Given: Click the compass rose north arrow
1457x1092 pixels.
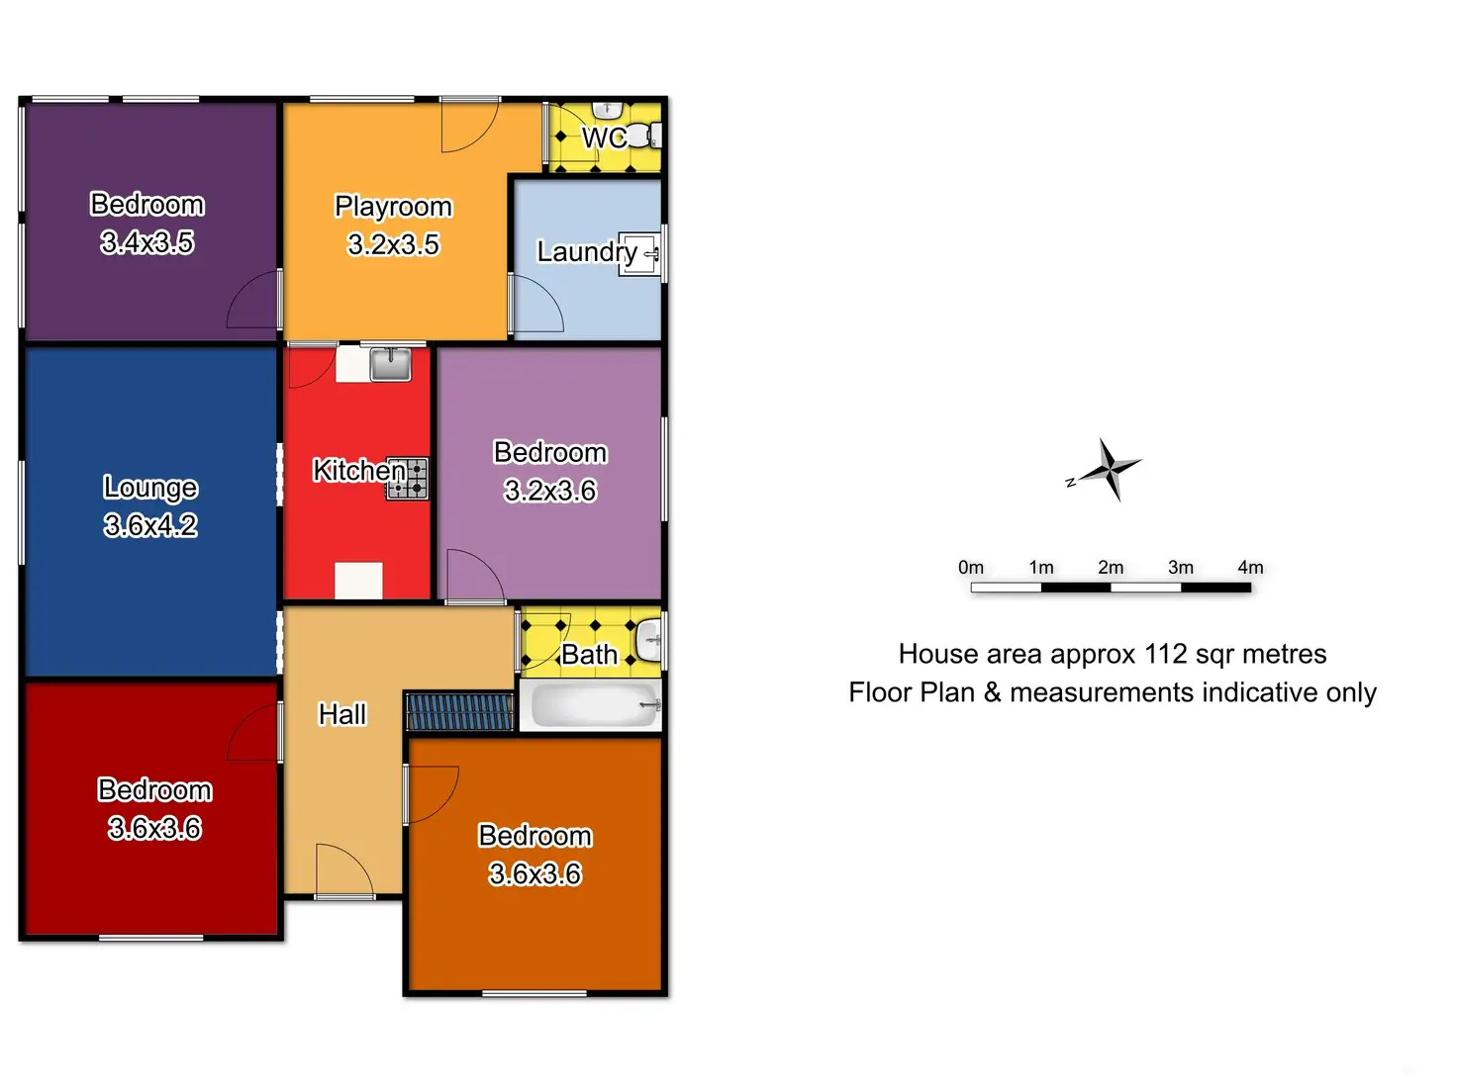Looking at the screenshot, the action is click(1110, 469).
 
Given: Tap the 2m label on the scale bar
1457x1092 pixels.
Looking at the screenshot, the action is click(1111, 568).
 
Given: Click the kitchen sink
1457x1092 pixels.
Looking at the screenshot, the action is click(390, 364).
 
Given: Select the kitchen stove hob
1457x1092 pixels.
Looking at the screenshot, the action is click(408, 479).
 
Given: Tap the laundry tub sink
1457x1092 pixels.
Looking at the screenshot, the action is click(638, 254).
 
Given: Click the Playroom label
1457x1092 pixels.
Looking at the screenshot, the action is click(393, 207).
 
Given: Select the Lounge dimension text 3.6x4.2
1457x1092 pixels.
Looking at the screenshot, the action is click(150, 525).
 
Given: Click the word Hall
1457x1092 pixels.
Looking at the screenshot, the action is click(342, 714).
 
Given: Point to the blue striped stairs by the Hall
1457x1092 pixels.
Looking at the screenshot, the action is click(460, 712).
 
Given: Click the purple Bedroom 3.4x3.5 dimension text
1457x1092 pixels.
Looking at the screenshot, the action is click(147, 242).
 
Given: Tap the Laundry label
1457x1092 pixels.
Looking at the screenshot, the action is click(586, 252).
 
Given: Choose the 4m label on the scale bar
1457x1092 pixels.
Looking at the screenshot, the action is click(1250, 568).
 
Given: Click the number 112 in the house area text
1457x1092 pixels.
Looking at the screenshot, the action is click(1165, 654).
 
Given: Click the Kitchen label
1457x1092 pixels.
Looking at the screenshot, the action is click(358, 470).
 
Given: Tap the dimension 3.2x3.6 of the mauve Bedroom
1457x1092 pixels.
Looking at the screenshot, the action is click(550, 491).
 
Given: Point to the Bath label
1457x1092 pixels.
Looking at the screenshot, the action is click(589, 655).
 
